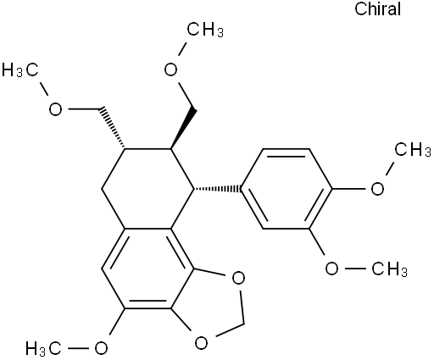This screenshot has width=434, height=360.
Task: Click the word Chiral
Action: coord(377,8)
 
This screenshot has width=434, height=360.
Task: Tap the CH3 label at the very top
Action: coord(205,30)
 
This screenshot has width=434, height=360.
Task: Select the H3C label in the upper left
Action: coord(20,69)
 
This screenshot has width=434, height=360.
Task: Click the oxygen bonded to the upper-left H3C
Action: coord(55,109)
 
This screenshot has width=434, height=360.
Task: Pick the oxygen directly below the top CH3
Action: coord(170,69)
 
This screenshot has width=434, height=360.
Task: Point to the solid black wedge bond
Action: coord(183,128)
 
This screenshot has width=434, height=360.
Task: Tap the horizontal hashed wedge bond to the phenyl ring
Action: coord(218,188)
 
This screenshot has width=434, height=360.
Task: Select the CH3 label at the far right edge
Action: coord(413,149)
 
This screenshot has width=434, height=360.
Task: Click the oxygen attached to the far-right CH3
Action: coord(377,188)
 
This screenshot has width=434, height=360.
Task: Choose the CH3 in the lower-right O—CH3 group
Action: coord(390,269)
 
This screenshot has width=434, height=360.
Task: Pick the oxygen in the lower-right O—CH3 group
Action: coord(331,269)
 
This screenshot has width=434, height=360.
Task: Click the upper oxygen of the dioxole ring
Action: coord(238,278)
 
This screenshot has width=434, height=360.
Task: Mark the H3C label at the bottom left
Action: coord(43,348)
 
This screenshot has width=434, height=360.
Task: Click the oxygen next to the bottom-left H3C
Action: coord(101,348)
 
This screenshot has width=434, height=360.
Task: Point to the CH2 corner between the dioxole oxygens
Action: coord(243,324)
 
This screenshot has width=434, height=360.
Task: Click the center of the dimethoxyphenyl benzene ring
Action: coord(287,188)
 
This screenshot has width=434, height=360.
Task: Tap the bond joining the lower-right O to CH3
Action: coord(355,269)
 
